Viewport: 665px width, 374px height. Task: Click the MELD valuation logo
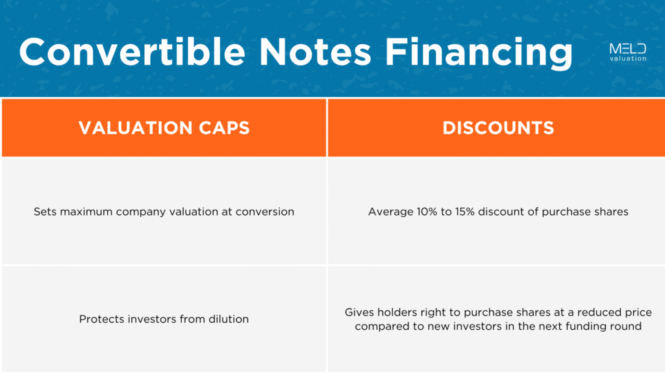point(627,52)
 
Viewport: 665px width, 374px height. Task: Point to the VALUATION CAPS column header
point(164,128)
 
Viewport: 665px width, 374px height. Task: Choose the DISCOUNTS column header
point(498,128)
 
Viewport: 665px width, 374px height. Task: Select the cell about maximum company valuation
point(164,212)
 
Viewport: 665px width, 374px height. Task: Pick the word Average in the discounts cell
point(388,212)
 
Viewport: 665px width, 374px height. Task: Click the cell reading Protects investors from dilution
point(164,319)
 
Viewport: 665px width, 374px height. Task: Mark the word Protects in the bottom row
point(99,319)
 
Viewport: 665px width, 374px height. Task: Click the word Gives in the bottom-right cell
point(359,312)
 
